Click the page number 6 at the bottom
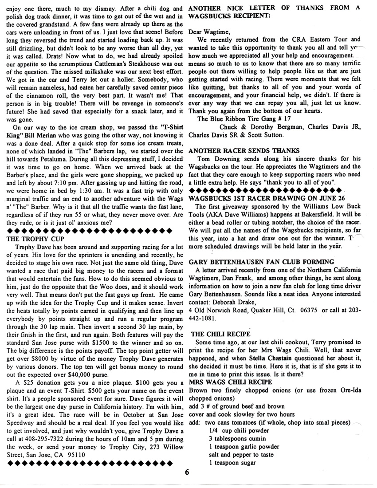188,472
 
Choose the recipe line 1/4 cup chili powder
239,430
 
